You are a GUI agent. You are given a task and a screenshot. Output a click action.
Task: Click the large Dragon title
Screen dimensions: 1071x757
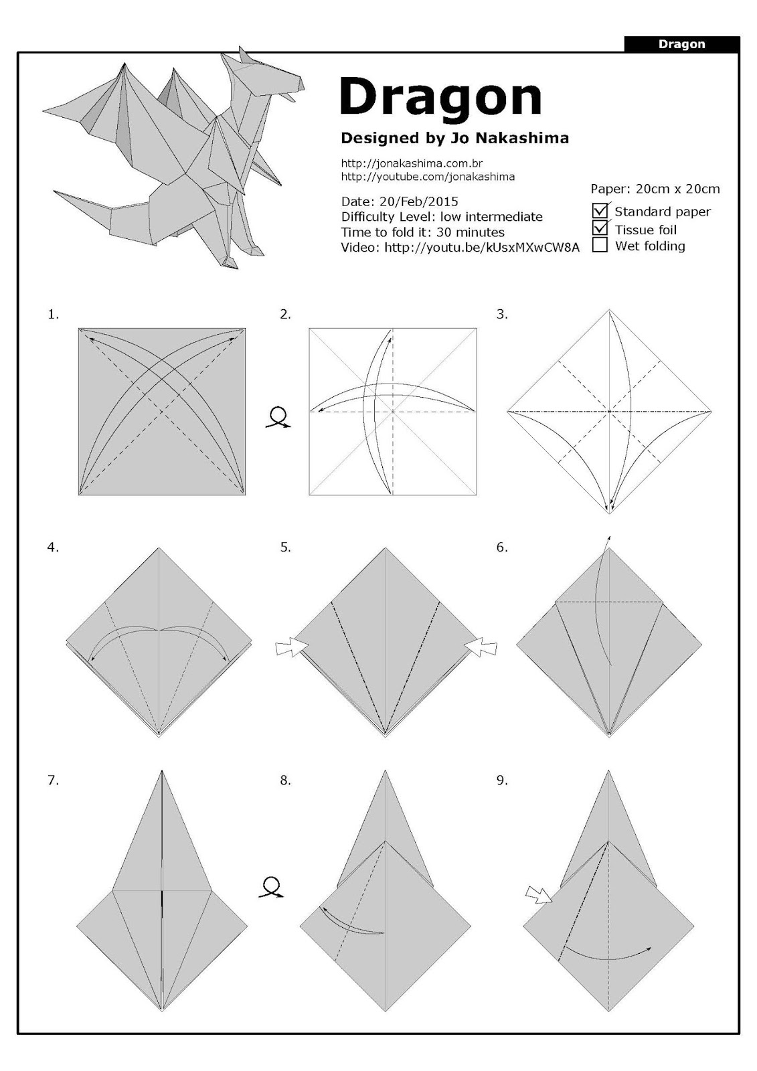coord(440,98)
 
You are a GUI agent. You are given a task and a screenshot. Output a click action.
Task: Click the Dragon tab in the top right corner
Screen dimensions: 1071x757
coord(681,44)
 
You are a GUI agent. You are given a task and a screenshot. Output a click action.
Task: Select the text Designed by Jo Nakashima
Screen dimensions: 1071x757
coord(454,138)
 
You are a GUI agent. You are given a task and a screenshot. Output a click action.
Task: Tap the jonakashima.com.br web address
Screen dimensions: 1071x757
coord(412,163)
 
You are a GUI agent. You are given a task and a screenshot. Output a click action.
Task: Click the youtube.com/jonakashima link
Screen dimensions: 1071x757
coord(428,177)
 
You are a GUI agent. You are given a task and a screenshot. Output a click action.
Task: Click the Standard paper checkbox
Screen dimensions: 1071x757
coord(600,211)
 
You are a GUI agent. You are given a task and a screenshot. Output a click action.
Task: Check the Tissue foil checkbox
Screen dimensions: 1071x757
coord(600,228)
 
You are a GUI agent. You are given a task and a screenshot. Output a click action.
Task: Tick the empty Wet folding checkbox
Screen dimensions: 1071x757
coord(600,245)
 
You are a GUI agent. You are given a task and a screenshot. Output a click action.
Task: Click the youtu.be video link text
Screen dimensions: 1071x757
coord(481,247)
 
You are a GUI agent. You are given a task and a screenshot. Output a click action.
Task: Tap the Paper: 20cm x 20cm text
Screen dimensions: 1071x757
coord(655,189)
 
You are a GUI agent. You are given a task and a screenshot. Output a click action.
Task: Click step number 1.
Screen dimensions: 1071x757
coord(53,314)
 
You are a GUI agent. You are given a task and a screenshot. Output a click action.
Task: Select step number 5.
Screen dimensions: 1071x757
coord(285,547)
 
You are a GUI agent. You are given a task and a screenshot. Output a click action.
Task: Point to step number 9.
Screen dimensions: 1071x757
coord(502,780)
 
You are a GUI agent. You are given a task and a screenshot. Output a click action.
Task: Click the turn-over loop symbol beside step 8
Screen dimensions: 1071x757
coord(270,887)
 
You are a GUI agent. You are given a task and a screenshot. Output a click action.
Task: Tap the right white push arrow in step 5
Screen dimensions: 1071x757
coord(481,647)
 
